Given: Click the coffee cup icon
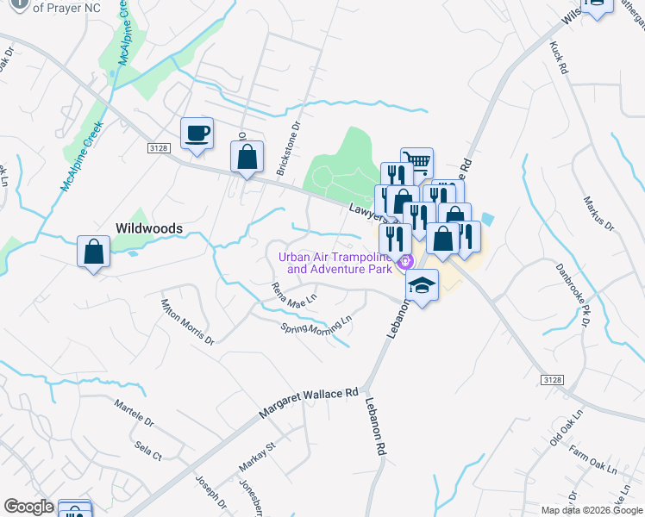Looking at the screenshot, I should coord(197,134).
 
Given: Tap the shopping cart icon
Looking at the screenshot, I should coord(416,162).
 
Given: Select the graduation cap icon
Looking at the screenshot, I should coord(422,284).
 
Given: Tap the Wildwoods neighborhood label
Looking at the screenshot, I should coord(149,228).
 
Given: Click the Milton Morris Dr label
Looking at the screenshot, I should coord(187,321).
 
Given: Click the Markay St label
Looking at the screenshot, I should coord(256,456).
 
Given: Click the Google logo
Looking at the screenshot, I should coord(29,507).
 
